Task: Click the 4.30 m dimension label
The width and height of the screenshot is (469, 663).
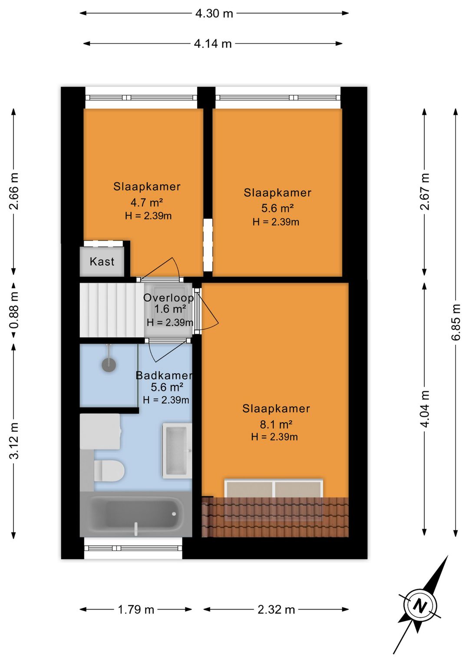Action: [x=214, y=13]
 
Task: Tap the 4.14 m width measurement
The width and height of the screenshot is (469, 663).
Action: [x=212, y=44]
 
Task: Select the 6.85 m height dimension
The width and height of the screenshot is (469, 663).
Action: [x=456, y=322]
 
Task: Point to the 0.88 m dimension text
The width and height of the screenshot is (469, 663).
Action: [x=13, y=310]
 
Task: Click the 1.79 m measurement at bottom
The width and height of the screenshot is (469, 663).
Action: [x=136, y=610]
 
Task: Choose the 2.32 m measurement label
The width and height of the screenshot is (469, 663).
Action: [x=276, y=610]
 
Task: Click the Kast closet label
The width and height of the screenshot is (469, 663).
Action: [x=102, y=262]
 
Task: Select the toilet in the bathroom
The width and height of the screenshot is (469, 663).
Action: [x=109, y=471]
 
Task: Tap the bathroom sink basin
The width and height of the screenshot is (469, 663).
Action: [x=176, y=451]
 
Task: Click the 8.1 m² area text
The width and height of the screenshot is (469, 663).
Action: [x=276, y=424]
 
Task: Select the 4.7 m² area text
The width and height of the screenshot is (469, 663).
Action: [x=147, y=202]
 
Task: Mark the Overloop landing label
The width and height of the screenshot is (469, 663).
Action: [x=168, y=298]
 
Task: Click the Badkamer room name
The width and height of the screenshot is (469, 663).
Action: [x=164, y=375]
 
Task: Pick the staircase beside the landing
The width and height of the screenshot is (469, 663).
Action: [x=112, y=310]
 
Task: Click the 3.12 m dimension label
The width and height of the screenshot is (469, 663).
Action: [x=13, y=441]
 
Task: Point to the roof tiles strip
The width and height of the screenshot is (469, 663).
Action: [x=275, y=517]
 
